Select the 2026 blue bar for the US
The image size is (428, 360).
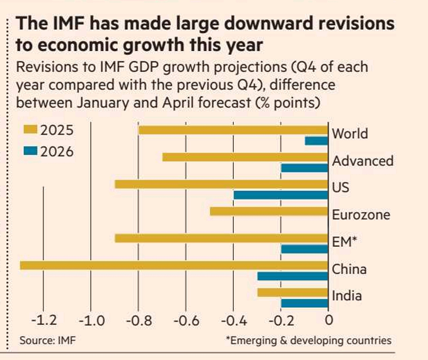281,195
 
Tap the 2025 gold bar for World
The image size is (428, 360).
233,130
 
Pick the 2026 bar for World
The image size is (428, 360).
316,141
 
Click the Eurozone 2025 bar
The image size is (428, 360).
269,211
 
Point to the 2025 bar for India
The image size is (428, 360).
293,293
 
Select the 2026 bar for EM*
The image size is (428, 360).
304,249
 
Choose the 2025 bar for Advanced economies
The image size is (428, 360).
245,157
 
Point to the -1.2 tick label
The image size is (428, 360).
44,320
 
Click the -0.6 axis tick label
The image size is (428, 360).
186,320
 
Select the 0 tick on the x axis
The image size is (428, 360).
328,320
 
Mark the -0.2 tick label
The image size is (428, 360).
281,320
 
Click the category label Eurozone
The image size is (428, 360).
361,215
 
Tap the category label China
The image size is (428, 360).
349,269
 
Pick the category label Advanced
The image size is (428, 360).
363,161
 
